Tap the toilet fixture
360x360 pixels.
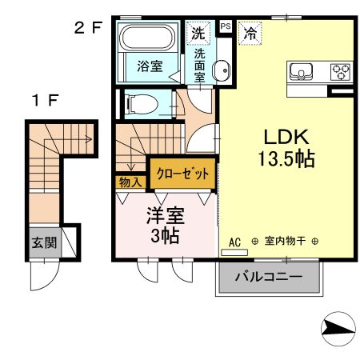[141, 103]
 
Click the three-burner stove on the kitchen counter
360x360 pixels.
[340, 70]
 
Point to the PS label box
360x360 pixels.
[225, 26]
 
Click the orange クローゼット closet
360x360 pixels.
[182, 173]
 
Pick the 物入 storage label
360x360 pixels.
[130, 182]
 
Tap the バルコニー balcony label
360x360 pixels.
[269, 278]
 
